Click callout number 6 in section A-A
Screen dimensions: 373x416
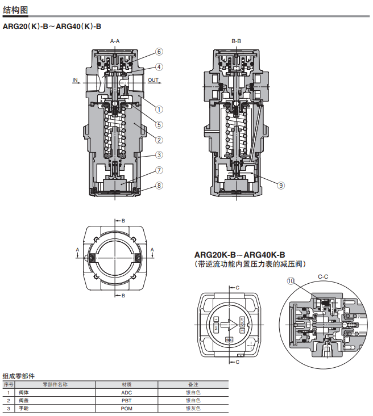coord(159,52)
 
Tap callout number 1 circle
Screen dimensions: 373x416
coord(159,110)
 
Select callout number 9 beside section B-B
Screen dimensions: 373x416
coord(281,185)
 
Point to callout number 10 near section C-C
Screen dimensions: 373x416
coord(291,281)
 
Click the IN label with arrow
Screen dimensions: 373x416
coord(76,81)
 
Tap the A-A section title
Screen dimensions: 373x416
coord(115,41)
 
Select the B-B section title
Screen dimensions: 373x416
coord(236,41)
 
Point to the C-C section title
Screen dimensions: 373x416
coord(323,277)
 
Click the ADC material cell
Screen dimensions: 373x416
coord(127,393)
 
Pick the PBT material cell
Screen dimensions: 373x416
coord(127,401)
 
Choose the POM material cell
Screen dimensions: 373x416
coord(127,409)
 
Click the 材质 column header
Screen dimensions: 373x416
coord(127,384)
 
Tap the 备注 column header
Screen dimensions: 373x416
coord(193,384)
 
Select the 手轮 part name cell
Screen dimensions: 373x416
coord(24,409)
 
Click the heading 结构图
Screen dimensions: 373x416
coord(15,10)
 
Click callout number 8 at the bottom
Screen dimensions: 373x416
coord(159,186)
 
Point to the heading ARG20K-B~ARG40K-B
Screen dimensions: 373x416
coord(239,255)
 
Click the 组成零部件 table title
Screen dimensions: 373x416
coord(19,376)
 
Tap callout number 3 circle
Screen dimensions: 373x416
coord(159,155)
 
